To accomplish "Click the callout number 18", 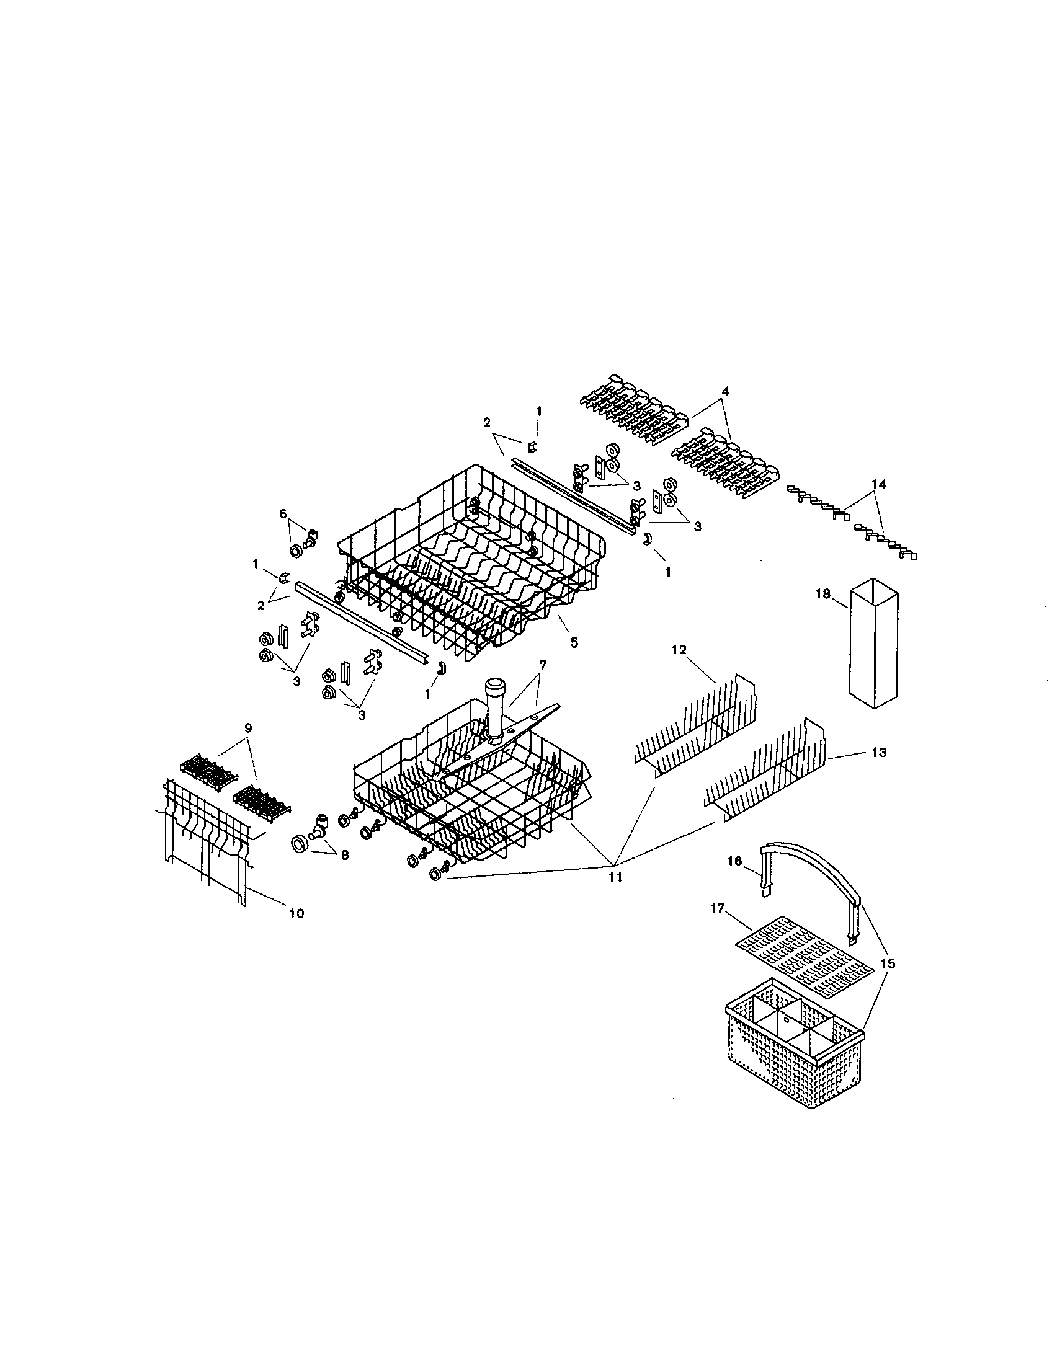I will [x=822, y=594].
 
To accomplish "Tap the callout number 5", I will [x=574, y=642].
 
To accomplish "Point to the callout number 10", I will [x=296, y=913].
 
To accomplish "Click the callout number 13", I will [x=878, y=753].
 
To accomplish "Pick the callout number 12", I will [x=679, y=650].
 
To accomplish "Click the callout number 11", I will [x=615, y=877].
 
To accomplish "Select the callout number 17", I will [x=717, y=909].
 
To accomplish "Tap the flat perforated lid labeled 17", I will [x=803, y=959].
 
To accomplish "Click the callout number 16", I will [x=734, y=861].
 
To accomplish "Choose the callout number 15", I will [x=888, y=963].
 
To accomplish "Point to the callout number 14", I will [x=878, y=484].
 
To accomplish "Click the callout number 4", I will [x=724, y=392].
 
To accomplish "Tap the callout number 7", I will [x=542, y=665].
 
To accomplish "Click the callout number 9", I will [x=248, y=728].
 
